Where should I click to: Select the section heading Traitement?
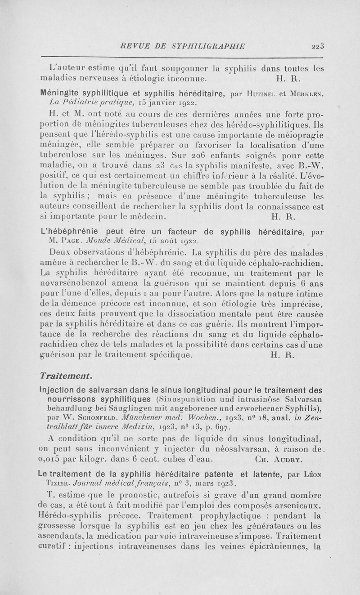tap(67, 374)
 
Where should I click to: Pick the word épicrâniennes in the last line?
tap(275, 547)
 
